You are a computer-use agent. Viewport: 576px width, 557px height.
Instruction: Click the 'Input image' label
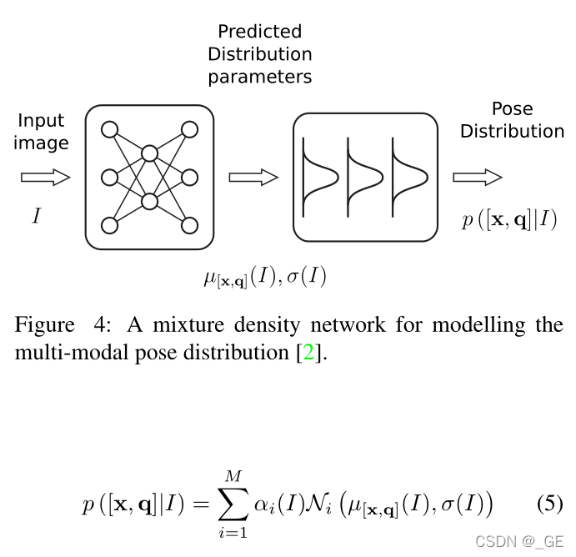pyautogui.click(x=42, y=132)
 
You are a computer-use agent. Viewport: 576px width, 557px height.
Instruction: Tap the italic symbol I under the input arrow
pyautogui.click(x=36, y=217)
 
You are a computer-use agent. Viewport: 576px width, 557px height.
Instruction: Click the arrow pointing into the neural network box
pyautogui.click(x=45, y=177)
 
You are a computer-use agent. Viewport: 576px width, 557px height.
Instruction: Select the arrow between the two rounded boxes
pyautogui.click(x=253, y=177)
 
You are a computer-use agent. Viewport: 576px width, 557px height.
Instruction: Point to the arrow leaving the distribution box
pyautogui.click(x=477, y=177)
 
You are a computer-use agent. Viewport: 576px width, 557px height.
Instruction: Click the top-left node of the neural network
pyautogui.click(x=109, y=129)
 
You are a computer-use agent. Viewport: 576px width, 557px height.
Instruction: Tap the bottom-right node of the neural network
pyautogui.click(x=189, y=225)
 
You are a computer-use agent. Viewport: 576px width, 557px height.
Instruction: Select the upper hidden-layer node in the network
pyautogui.click(x=149, y=153)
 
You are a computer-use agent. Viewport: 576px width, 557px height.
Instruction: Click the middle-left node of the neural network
pyautogui.click(x=109, y=177)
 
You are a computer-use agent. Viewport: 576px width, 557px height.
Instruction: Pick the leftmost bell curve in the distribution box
pyautogui.click(x=319, y=177)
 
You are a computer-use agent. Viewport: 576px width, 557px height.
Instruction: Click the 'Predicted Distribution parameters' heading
pyautogui.click(x=259, y=54)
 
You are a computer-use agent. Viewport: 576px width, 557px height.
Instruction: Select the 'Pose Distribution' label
pyautogui.click(x=512, y=120)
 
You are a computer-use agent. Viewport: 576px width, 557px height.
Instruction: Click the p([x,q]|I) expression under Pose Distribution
pyautogui.click(x=509, y=221)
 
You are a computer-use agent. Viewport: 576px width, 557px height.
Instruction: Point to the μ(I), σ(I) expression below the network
pyautogui.click(x=264, y=277)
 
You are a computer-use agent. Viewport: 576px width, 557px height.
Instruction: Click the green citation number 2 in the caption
pyautogui.click(x=306, y=352)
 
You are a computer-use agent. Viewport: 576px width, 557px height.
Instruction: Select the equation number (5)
pyautogui.click(x=548, y=504)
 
